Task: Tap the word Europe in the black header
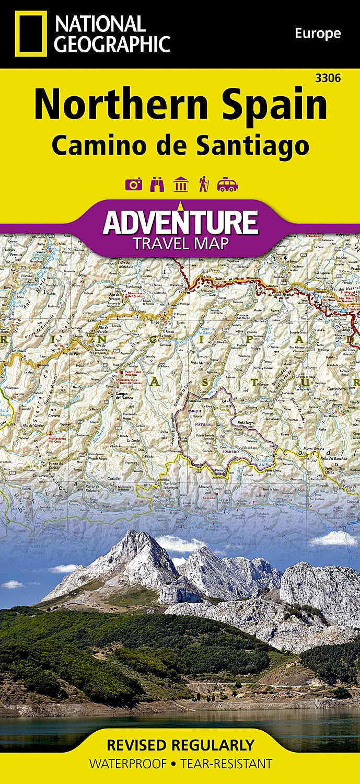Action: (317, 34)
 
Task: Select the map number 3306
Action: (329, 78)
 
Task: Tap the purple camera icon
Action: (133, 185)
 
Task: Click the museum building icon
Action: (181, 185)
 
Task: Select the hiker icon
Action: (203, 185)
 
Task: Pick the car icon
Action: (228, 185)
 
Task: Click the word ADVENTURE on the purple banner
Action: (180, 222)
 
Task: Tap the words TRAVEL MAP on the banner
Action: (180, 243)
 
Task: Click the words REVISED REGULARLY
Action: (180, 744)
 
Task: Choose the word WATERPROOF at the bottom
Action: (129, 764)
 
